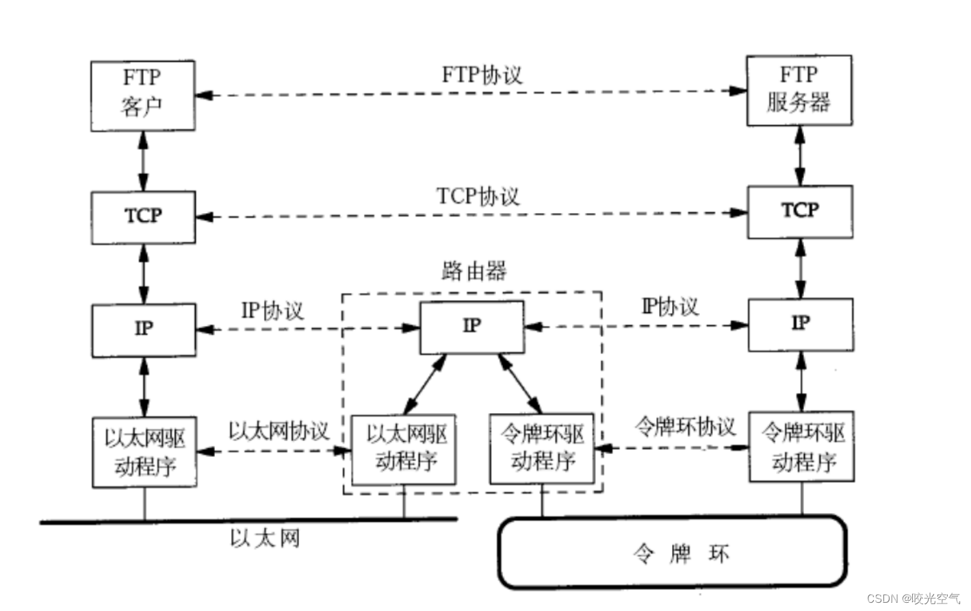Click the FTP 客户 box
tap(142, 95)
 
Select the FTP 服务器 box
tap(799, 90)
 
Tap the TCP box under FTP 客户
tap(143, 216)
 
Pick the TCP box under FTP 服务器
tap(799, 211)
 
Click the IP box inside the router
tap(471, 327)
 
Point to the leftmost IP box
tap(144, 329)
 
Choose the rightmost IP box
tap(800, 324)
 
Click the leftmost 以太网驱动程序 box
tap(144, 452)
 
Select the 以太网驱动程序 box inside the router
tap(404, 449)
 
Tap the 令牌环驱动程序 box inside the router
tap(542, 449)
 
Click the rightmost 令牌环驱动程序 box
tap(801, 447)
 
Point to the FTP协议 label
tap(482, 75)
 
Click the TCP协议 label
tap(478, 197)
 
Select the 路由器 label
tap(474, 271)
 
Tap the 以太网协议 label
tap(279, 431)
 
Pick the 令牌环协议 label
tap(685, 427)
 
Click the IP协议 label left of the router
tap(272, 311)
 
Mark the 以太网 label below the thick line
tap(264, 539)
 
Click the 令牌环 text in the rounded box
tap(681, 553)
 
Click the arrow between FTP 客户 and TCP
tap(143, 161)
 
